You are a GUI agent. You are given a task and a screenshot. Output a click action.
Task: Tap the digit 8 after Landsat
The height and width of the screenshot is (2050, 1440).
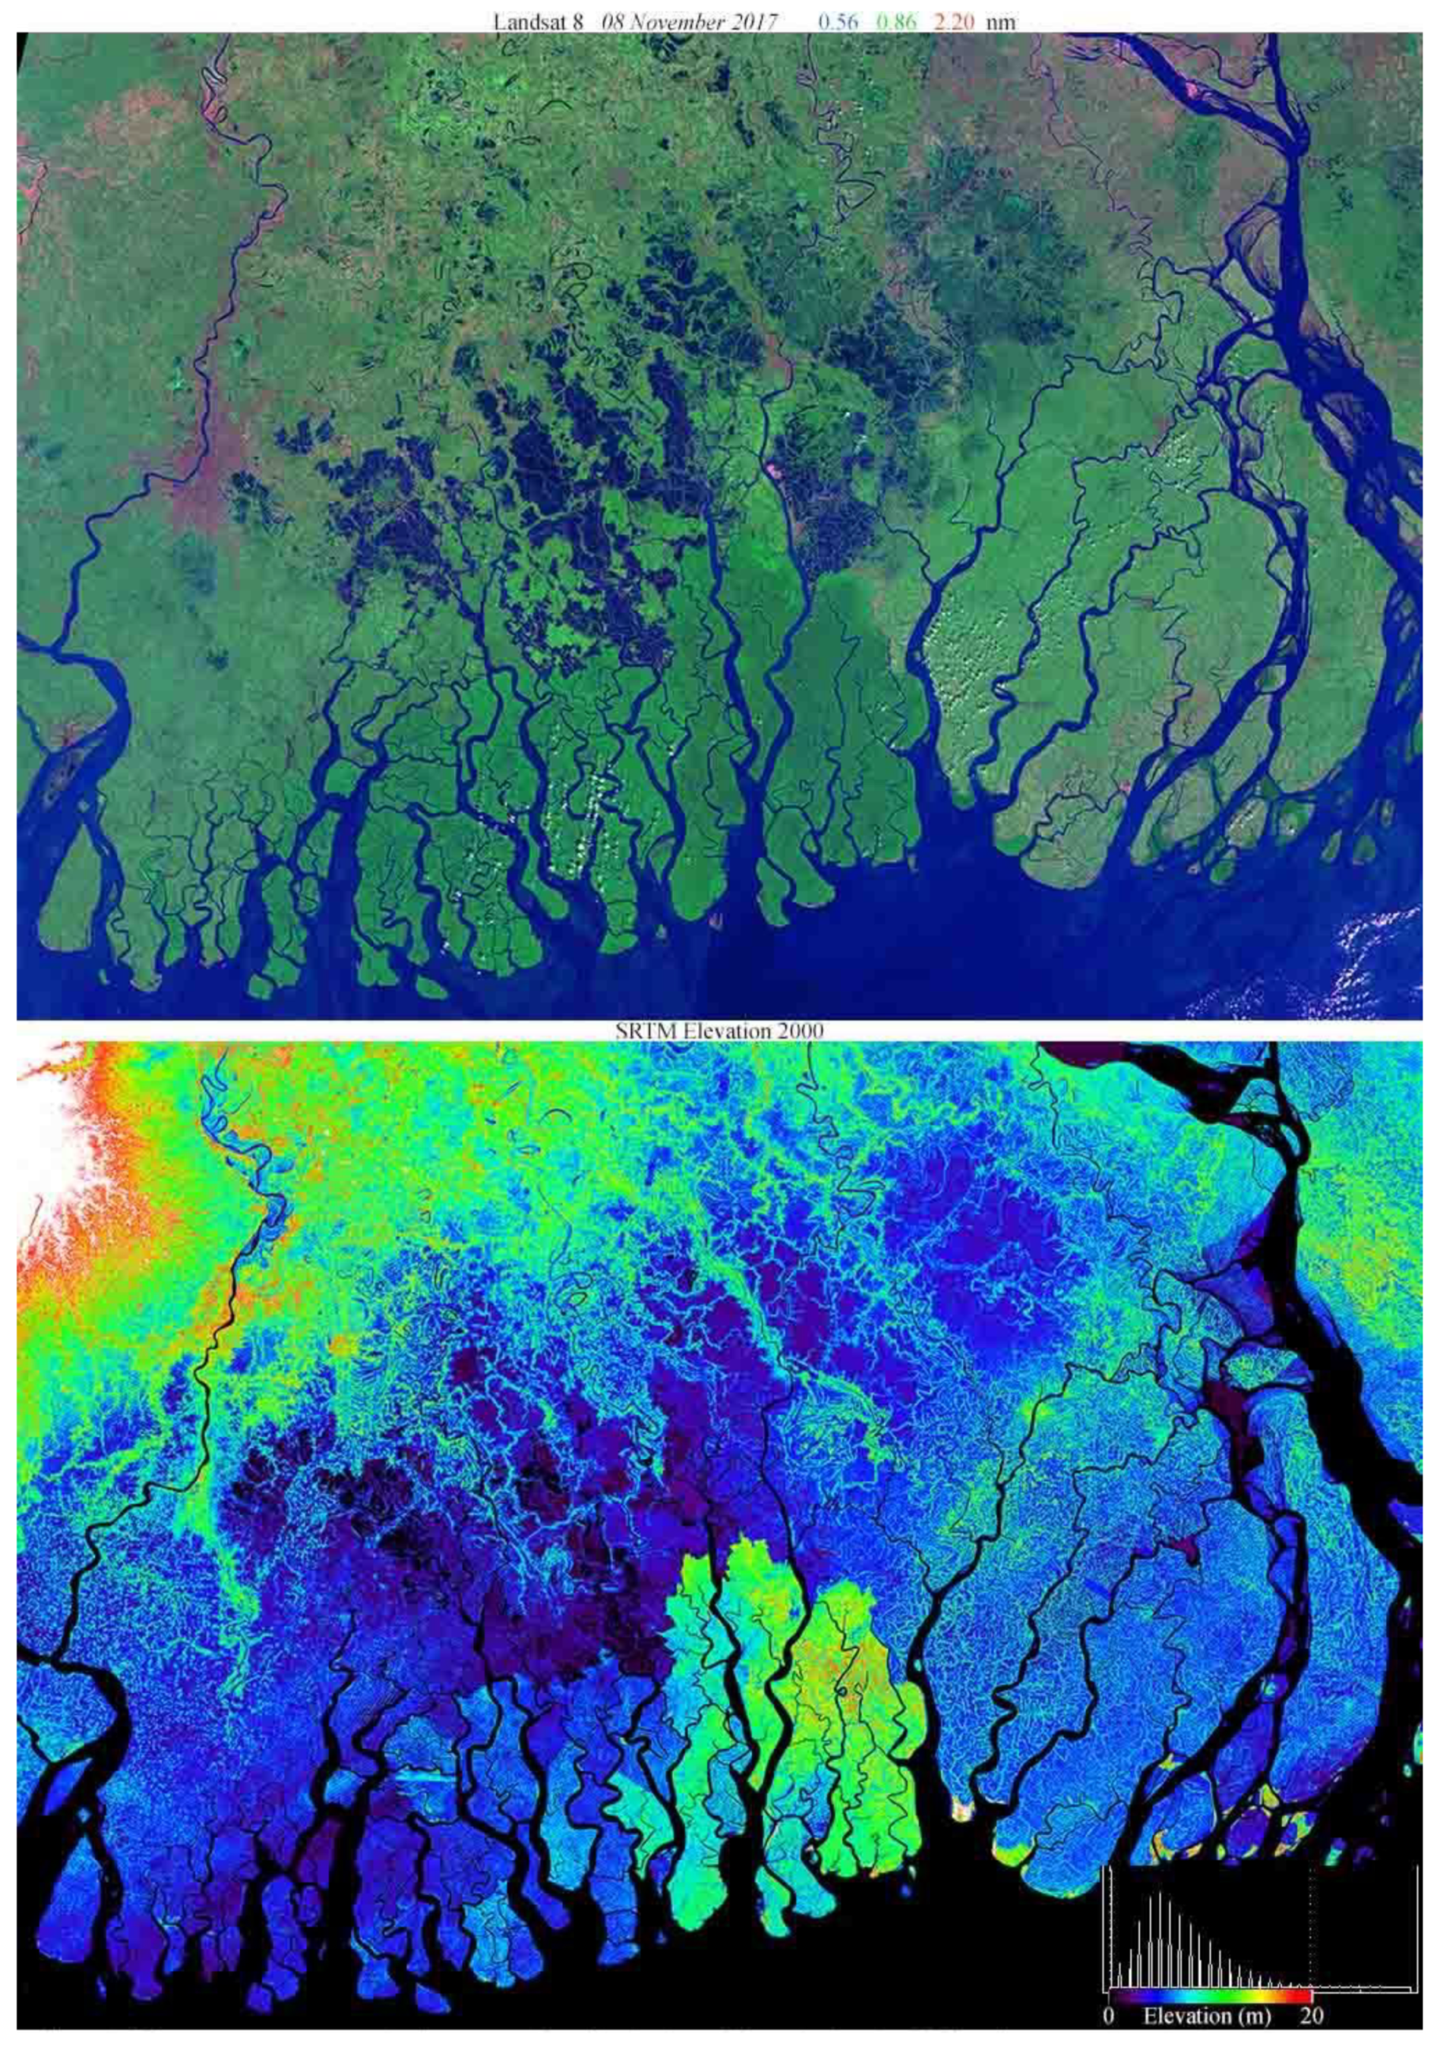(x=577, y=21)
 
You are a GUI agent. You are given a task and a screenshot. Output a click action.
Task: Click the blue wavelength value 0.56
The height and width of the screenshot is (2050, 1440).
(x=838, y=21)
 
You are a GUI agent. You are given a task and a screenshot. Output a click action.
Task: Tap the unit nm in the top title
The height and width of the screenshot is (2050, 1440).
(x=1001, y=21)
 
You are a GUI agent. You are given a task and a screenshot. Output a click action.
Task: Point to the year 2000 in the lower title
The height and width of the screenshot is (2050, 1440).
(x=800, y=1030)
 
